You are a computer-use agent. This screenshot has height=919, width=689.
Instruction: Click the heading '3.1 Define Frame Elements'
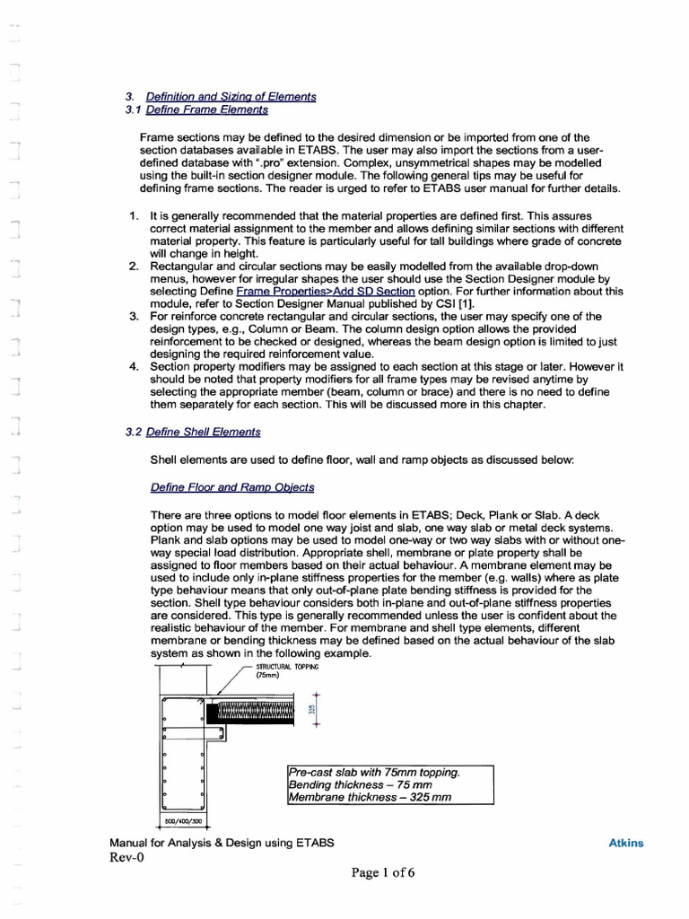click(x=196, y=109)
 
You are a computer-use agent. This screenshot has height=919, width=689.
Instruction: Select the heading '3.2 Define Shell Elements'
click(x=193, y=432)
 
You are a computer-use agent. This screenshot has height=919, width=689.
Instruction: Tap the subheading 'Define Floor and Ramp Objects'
click(x=232, y=487)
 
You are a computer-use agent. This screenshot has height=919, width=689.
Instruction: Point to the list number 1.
click(x=132, y=217)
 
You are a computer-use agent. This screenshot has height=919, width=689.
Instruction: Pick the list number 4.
click(x=132, y=367)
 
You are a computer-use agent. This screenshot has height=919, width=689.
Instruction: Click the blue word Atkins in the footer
click(x=626, y=843)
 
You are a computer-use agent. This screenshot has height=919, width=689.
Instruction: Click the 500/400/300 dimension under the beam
click(x=183, y=820)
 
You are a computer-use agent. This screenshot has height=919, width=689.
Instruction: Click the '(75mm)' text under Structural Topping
click(x=268, y=677)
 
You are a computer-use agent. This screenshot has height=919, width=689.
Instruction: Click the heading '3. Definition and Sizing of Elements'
click(x=220, y=96)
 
